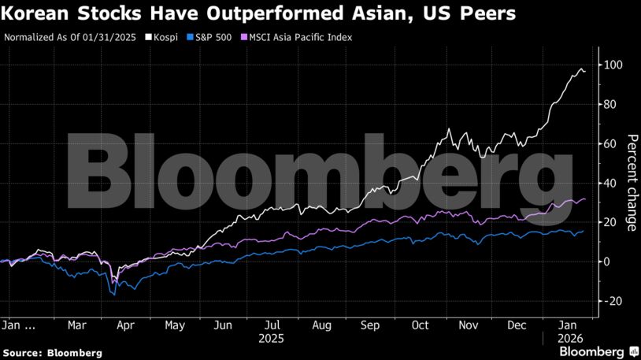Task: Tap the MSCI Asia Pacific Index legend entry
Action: [298, 37]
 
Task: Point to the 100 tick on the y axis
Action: [609, 65]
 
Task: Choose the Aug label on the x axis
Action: [321, 324]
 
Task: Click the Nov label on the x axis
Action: [468, 324]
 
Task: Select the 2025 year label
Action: [272, 337]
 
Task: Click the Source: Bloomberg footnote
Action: [53, 352]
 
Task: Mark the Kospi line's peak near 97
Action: [582, 69]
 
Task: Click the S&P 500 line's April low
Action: [113, 295]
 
